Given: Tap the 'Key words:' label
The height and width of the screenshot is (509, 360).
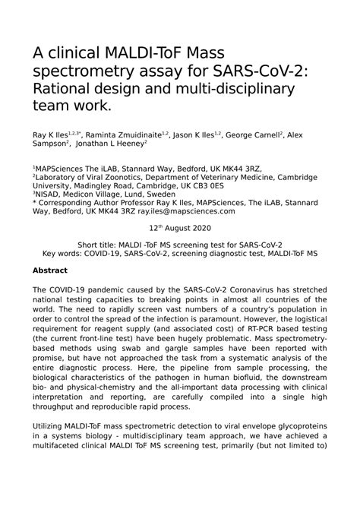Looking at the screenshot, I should click(65, 253).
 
